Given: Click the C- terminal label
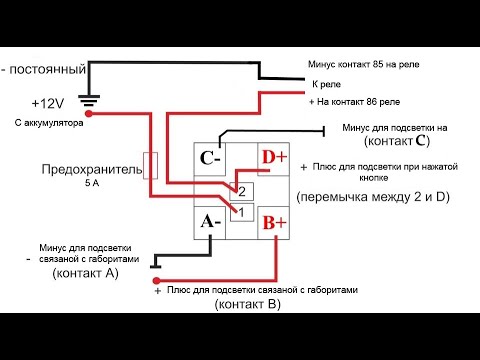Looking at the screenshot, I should click(x=211, y=158).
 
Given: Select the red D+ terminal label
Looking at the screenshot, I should click(x=273, y=158).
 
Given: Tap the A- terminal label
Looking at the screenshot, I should click(x=210, y=221).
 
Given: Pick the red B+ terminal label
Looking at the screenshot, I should click(x=273, y=221).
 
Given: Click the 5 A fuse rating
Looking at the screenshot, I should click(x=93, y=184).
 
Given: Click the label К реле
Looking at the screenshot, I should click(x=328, y=84).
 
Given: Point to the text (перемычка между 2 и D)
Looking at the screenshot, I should click(x=373, y=196).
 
